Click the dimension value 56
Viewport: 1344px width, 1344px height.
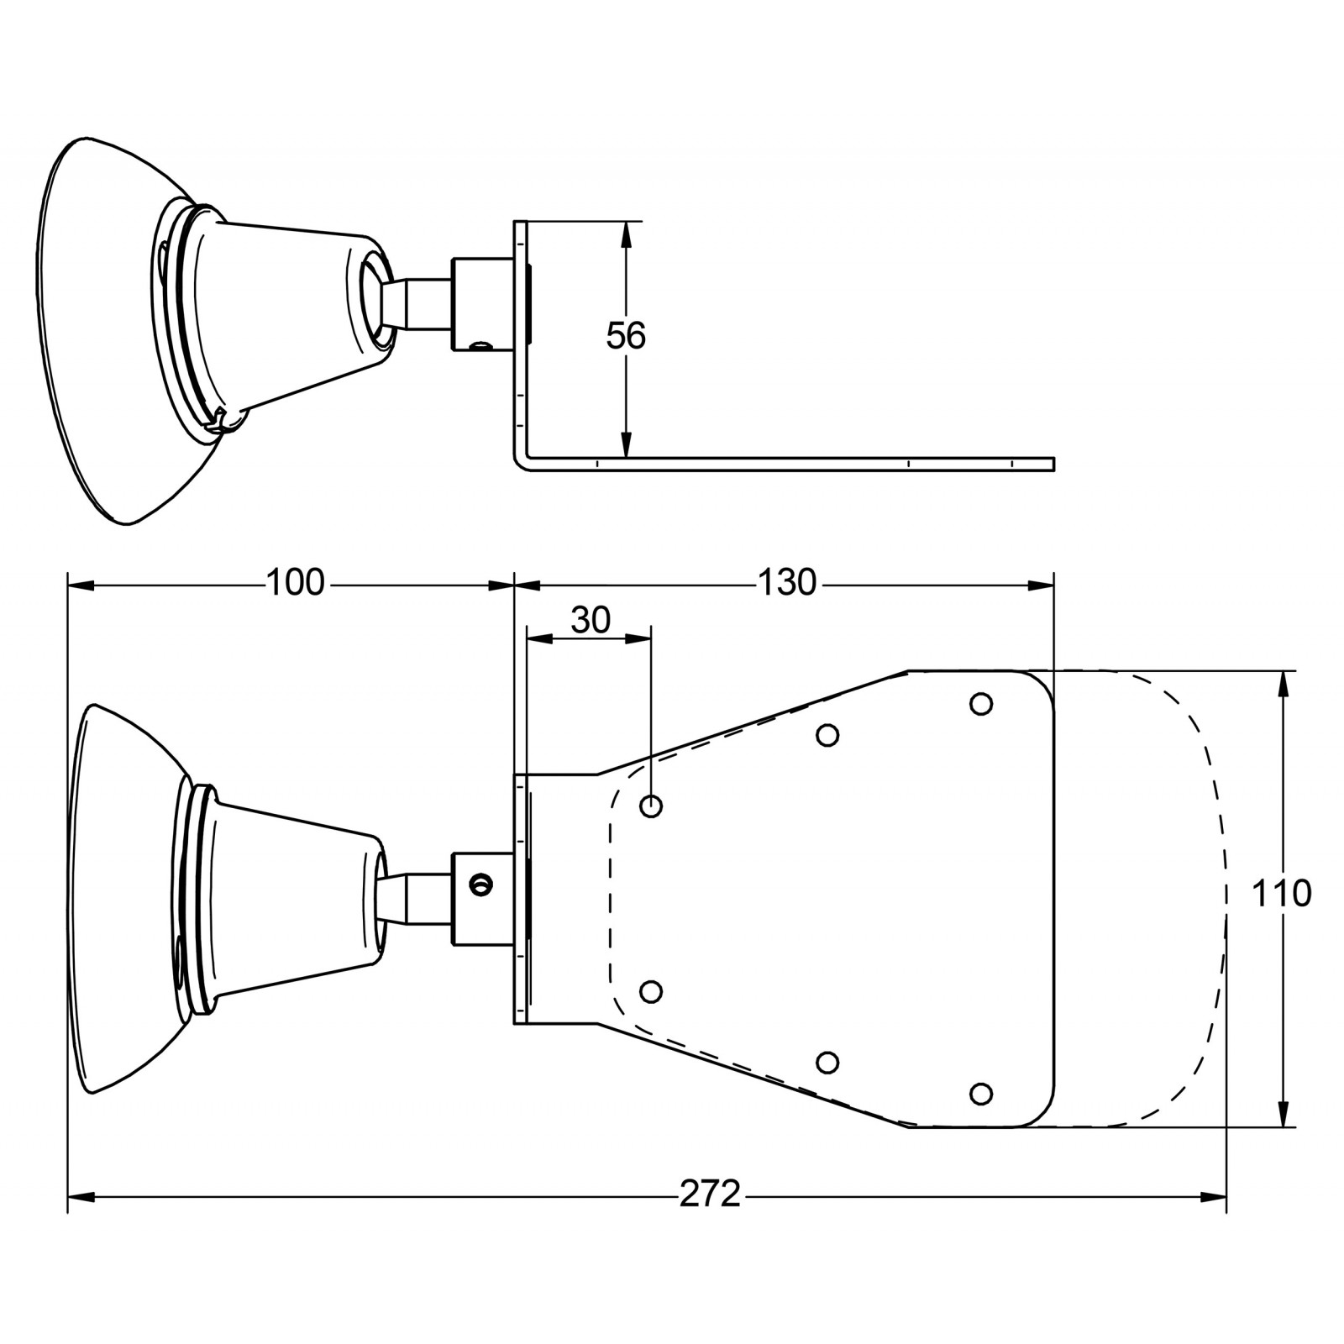coord(626,336)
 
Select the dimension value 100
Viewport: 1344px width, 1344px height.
coord(295,582)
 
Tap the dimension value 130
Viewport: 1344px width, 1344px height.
coord(787,582)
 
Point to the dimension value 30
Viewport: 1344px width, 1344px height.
coord(591,621)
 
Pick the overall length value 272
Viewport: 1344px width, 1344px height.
coord(711,1194)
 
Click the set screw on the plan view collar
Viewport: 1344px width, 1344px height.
coord(481,883)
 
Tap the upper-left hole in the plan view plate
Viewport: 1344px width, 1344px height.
coord(651,806)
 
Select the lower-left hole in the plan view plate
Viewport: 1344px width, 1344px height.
coord(651,991)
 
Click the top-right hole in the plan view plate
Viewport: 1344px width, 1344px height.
coord(981,704)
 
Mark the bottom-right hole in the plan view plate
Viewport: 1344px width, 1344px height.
coord(981,1094)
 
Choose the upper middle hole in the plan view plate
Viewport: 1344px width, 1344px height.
coord(827,735)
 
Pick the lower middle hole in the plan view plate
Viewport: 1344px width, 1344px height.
coord(827,1063)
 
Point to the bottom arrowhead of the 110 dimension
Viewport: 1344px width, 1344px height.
coord(1283,1114)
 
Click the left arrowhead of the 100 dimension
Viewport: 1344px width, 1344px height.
coord(81,585)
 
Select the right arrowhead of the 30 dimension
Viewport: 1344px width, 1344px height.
coord(638,639)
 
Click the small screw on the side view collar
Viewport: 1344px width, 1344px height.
coord(480,344)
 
